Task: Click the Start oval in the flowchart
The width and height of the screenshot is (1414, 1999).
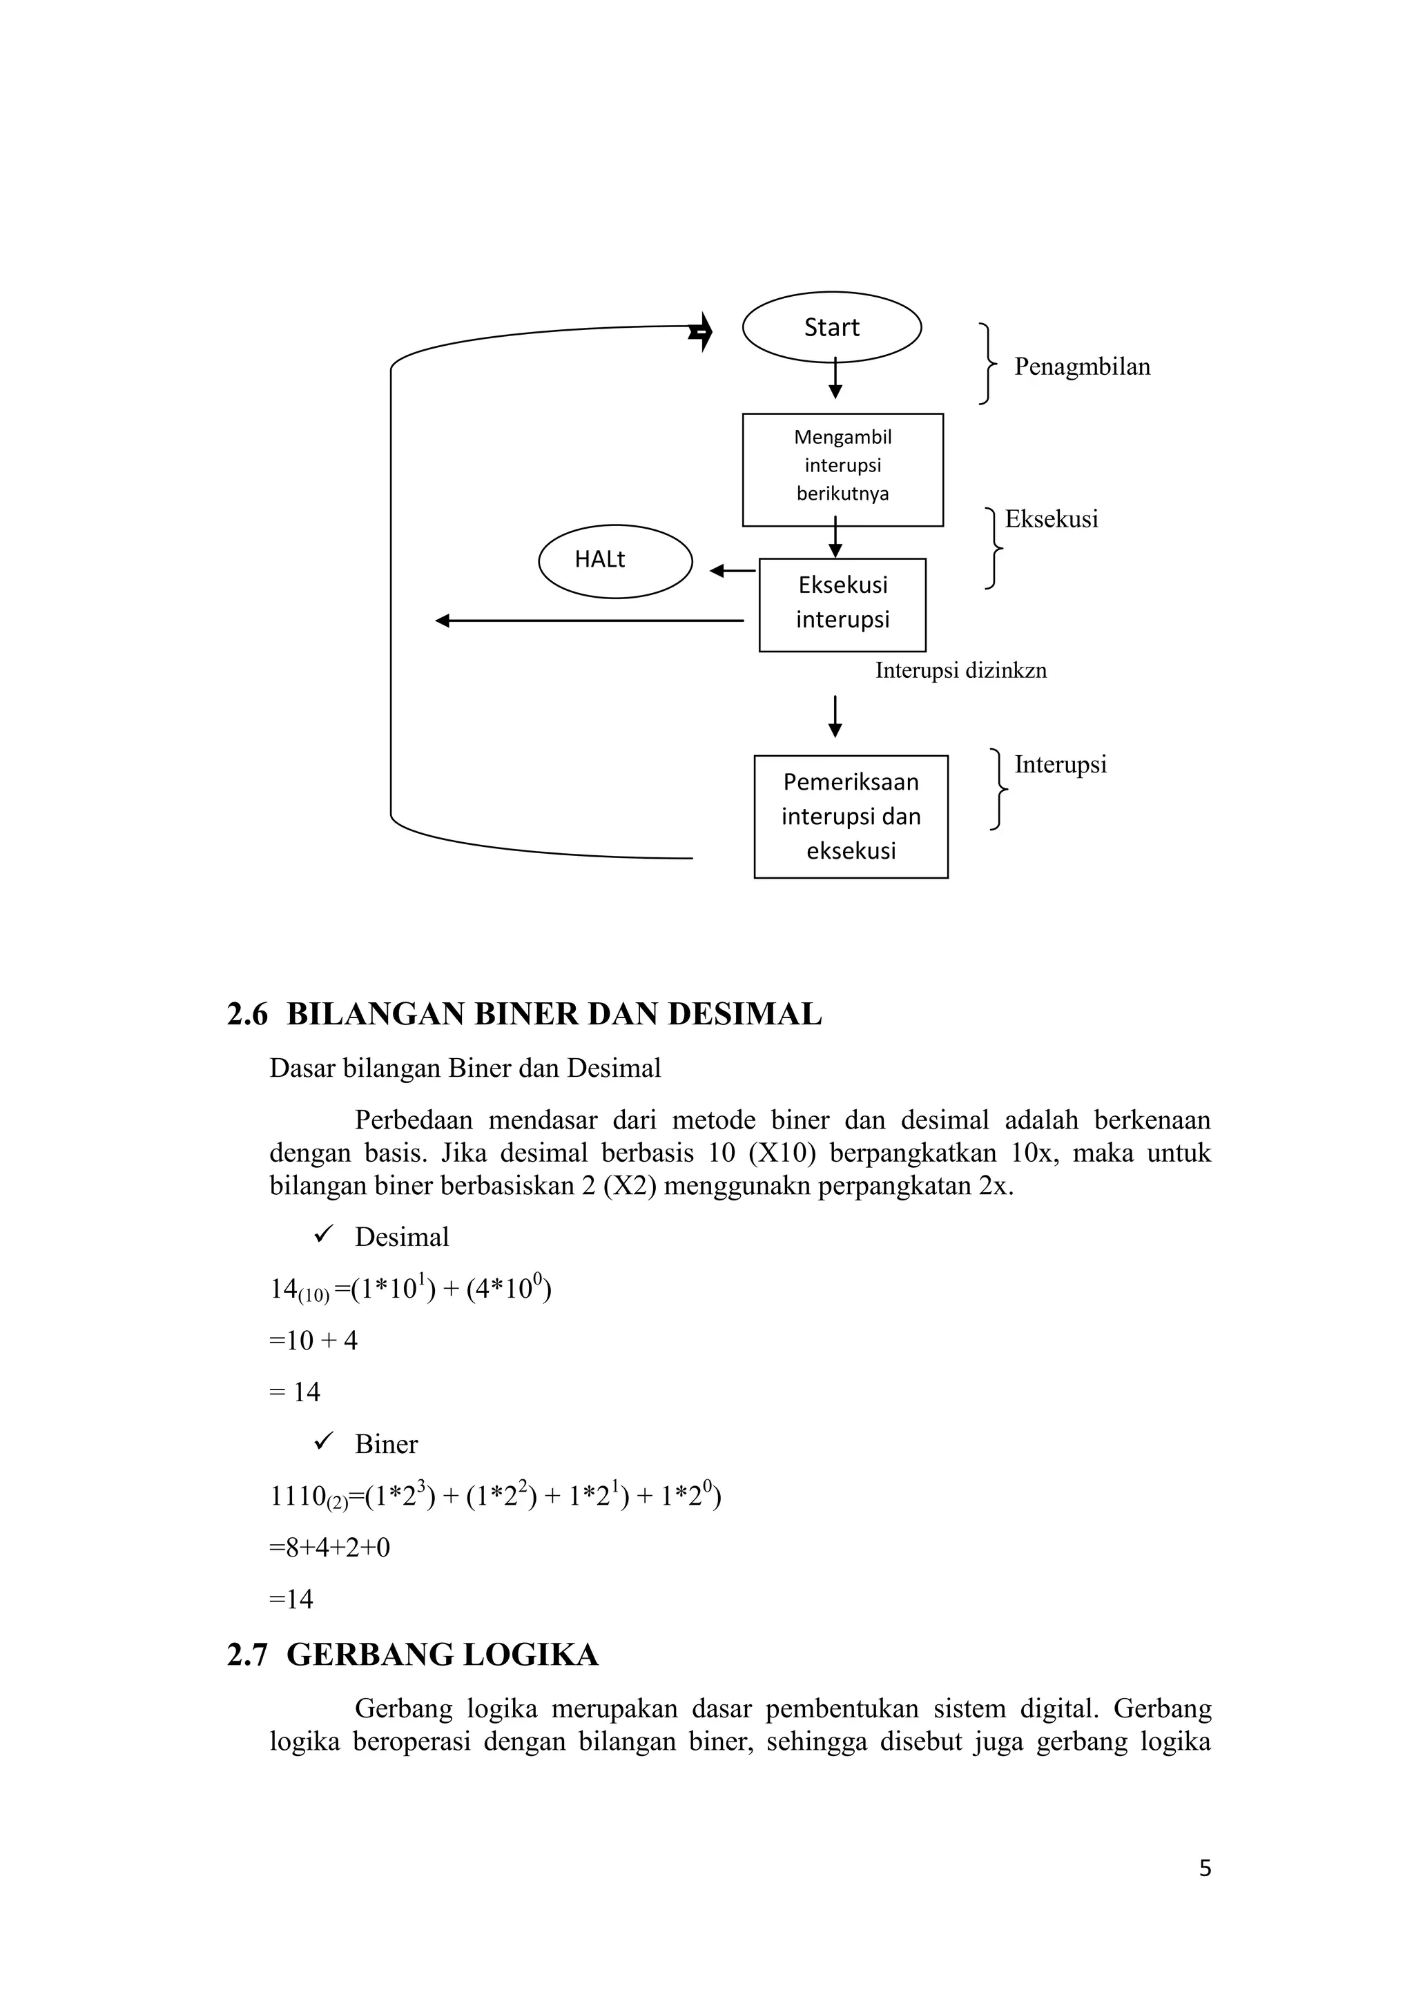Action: click(x=831, y=327)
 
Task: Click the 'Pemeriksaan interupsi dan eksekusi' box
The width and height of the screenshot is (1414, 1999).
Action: click(x=851, y=816)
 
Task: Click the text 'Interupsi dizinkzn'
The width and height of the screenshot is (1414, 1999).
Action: click(x=960, y=670)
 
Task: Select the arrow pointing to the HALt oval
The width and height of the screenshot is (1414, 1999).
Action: click(x=733, y=571)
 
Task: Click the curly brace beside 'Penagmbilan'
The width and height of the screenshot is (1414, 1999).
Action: click(x=987, y=364)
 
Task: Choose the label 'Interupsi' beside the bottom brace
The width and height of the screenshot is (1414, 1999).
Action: click(x=1060, y=764)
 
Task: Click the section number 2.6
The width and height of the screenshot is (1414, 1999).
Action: click(x=247, y=1014)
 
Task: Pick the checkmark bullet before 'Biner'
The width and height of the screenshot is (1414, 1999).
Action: click(x=324, y=1442)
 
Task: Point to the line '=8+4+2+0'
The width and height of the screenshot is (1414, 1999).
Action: click(x=330, y=1547)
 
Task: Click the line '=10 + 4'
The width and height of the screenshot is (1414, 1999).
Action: click(x=313, y=1340)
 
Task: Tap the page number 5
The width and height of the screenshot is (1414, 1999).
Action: click(x=1205, y=1869)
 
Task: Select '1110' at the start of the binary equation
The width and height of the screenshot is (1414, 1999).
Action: click(x=298, y=1496)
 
